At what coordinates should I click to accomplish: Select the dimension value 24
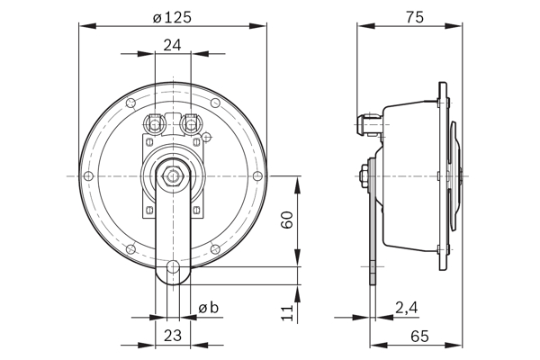point(173,44)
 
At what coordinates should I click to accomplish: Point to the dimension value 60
point(287,221)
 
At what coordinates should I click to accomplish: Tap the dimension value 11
point(287,312)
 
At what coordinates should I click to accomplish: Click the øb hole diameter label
point(208,309)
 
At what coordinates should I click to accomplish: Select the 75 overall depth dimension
point(415,16)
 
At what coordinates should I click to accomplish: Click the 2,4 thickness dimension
point(406,309)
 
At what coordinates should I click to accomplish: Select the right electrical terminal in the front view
point(190,121)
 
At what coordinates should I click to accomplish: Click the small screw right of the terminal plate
point(207,138)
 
